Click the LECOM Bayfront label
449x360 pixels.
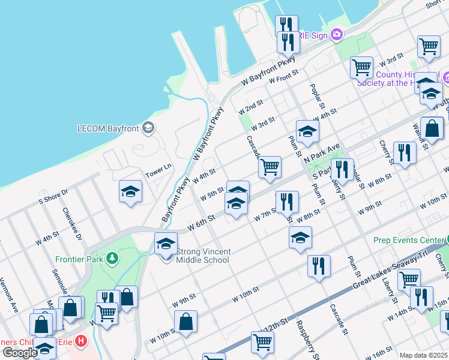tap(108, 128)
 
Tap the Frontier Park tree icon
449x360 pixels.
tap(112, 259)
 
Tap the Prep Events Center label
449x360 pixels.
tap(408, 240)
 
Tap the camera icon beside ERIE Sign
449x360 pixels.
tap(336, 34)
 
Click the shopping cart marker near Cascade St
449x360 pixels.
tap(270, 167)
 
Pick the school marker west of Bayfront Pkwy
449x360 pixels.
tap(130, 192)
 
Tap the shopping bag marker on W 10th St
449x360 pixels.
tap(187, 320)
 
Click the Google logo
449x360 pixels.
tap(19, 352)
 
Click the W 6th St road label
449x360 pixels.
tap(201, 223)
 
